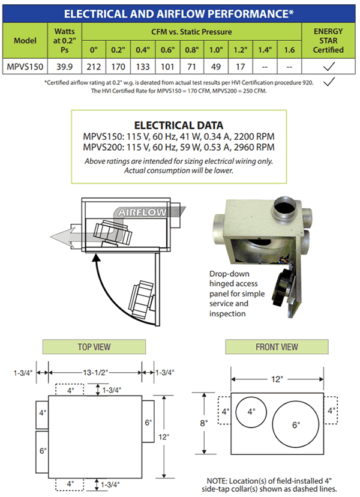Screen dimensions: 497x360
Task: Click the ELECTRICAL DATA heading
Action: pyautogui.click(x=179, y=125)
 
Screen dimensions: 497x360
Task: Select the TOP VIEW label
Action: pyautogui.click(x=94, y=347)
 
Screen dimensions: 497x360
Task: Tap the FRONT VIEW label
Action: pyautogui.click(x=277, y=347)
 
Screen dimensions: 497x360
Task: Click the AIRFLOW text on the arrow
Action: pyautogui.click(x=139, y=212)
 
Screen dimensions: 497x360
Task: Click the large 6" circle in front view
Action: pyautogui.click(x=295, y=424)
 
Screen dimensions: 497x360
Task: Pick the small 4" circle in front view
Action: pyautogui.click(x=251, y=411)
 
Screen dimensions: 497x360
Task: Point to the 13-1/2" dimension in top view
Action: pyautogui.click(x=97, y=373)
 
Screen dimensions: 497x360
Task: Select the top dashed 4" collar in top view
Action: pyautogui.click(x=71, y=390)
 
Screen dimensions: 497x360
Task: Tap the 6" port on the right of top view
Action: pyautogui.click(x=148, y=422)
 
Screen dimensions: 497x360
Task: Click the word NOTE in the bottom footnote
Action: pyautogui.click(x=216, y=481)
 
